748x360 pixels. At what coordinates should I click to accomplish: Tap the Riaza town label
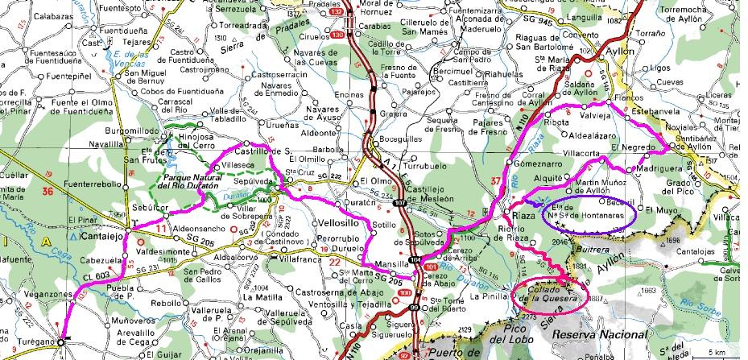516,217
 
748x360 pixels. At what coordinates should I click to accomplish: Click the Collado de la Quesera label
550,294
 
